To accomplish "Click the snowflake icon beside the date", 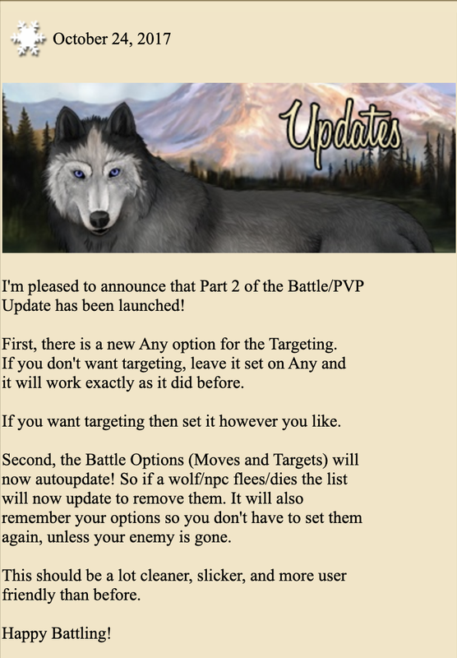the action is click(28, 39).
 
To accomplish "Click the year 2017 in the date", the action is click(154, 39).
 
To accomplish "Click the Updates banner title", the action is click(340, 130).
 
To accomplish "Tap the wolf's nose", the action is click(99, 219).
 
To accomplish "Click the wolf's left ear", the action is click(68, 124).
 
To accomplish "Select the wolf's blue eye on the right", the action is click(114, 172).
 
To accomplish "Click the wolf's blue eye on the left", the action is click(79, 174).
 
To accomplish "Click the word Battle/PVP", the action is click(325, 286).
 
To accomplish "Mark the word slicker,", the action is click(221, 576).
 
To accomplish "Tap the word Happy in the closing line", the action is click(25, 634).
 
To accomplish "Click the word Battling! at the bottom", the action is click(81, 634).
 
